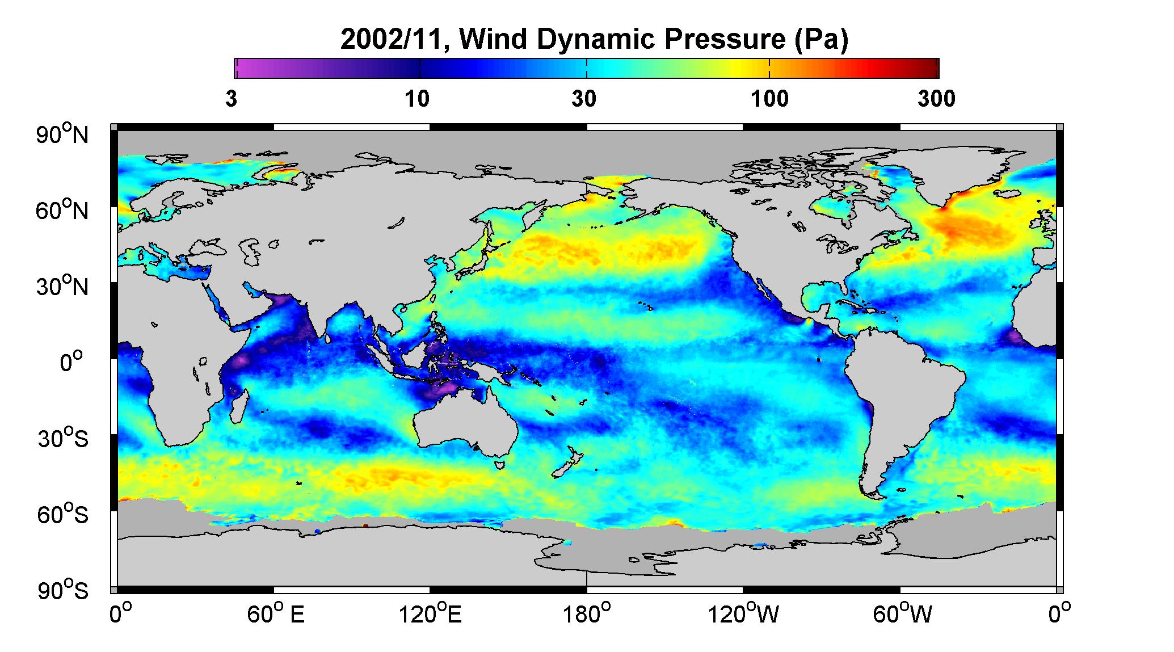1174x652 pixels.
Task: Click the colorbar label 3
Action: [x=231, y=99]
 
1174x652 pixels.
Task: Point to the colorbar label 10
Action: [x=417, y=99]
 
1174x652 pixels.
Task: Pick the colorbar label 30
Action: [x=584, y=99]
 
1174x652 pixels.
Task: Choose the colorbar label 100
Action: [x=769, y=99]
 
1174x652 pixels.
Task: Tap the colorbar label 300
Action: [x=936, y=99]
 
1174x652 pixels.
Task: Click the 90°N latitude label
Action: [x=63, y=135]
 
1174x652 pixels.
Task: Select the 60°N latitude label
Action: [x=63, y=211]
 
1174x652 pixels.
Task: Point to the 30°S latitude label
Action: [x=63, y=439]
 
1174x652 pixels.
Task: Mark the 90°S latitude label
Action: [x=63, y=591]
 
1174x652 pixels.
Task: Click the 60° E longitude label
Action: [x=275, y=615]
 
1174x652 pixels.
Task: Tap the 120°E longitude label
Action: [x=430, y=615]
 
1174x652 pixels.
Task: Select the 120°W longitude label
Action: [x=743, y=615]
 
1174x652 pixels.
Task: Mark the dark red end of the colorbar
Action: [x=931, y=68]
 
